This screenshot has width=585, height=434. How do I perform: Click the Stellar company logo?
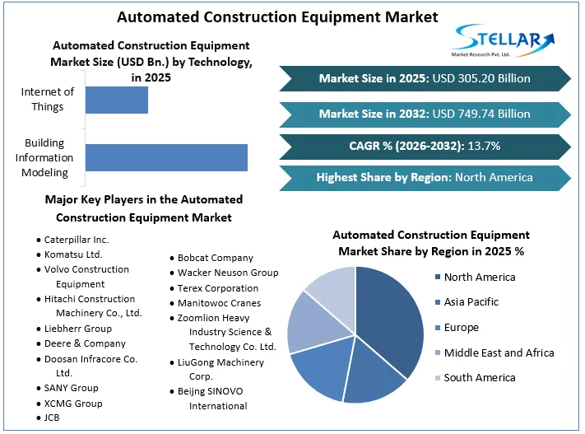click(504, 40)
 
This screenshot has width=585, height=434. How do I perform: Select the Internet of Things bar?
click(117, 99)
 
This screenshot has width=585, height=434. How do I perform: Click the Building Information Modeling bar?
click(166, 157)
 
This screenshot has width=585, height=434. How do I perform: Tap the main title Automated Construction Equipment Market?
click(277, 16)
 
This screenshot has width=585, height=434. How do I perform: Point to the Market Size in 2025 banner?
click(425, 79)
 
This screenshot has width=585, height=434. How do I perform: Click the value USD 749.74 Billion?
click(481, 114)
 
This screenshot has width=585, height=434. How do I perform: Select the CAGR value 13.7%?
click(484, 146)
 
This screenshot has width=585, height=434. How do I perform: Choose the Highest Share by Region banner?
click(425, 177)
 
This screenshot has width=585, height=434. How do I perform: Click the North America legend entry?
click(479, 278)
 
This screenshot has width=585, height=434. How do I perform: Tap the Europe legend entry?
click(461, 328)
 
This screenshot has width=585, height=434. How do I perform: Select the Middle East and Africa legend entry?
click(498, 352)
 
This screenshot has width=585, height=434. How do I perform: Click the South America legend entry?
click(479, 378)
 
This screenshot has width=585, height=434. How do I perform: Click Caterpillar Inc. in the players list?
click(77, 240)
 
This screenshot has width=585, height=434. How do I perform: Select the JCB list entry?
click(52, 418)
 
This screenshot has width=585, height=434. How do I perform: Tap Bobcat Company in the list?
click(215, 258)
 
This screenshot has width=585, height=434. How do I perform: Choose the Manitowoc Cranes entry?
click(219, 303)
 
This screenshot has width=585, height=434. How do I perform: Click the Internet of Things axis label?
click(48, 99)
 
